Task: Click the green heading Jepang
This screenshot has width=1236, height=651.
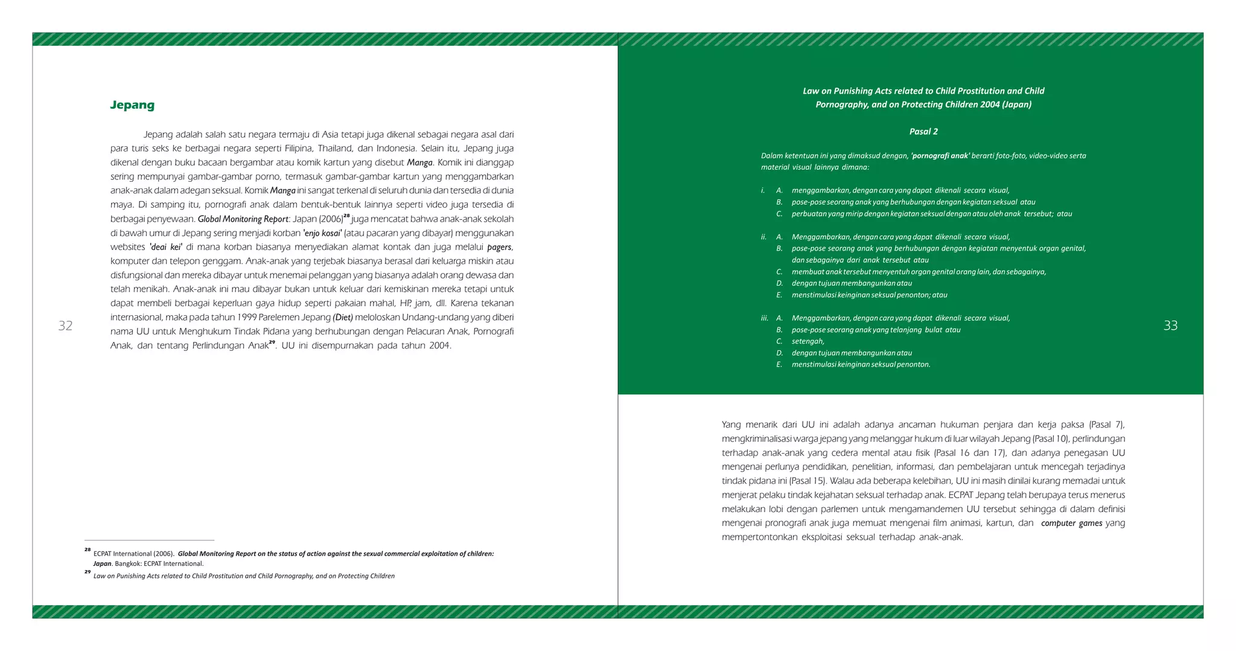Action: (x=132, y=105)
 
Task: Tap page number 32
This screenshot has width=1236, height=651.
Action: (x=65, y=326)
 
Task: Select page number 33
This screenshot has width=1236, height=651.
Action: (x=1170, y=326)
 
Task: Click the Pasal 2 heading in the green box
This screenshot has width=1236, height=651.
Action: (x=923, y=132)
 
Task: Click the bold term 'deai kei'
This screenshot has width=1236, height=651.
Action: (x=166, y=247)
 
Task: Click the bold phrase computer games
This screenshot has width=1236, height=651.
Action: (x=1072, y=523)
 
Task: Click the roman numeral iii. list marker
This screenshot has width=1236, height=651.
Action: (x=764, y=318)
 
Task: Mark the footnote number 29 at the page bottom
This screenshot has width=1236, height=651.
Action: (x=88, y=572)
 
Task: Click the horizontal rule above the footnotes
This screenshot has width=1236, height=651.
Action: (x=150, y=540)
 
